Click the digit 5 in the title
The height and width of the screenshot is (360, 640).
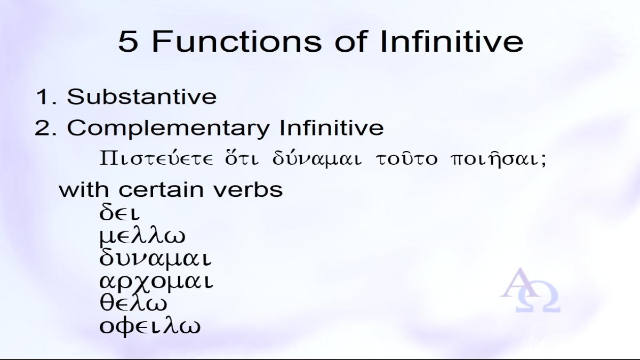[x=127, y=42]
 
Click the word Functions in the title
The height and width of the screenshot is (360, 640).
[x=237, y=42]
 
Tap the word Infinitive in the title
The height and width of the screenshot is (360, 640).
[x=452, y=42]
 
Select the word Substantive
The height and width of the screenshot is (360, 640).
[x=142, y=97]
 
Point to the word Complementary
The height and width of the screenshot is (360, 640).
[x=169, y=129]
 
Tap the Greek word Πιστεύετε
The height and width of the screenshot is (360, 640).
[x=156, y=158]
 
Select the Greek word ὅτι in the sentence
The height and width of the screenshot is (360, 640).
[x=242, y=158]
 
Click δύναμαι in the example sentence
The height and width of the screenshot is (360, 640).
[x=317, y=159]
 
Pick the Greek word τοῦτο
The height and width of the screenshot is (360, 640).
[x=406, y=158]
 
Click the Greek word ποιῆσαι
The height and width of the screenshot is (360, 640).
[x=498, y=159]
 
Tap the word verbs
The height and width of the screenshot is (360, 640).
[x=249, y=189]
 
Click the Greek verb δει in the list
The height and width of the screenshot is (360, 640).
[x=119, y=213]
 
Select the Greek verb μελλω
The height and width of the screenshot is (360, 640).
[x=142, y=237]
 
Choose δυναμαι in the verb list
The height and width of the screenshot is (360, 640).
[x=155, y=259]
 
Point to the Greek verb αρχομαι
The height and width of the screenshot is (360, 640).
[x=156, y=282]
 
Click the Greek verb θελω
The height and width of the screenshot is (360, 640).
[x=133, y=303]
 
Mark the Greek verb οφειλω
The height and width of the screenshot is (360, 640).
[x=150, y=326]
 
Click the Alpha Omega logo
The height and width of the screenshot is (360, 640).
[x=530, y=290]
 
